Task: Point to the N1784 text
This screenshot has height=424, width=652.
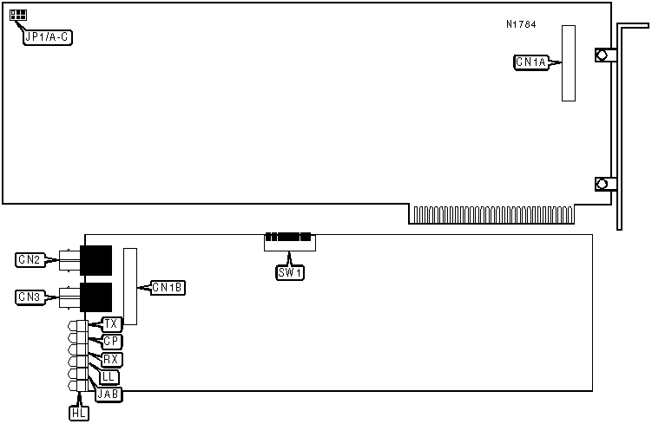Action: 521,24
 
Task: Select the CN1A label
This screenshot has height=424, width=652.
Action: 531,62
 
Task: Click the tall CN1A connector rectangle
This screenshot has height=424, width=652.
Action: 569,62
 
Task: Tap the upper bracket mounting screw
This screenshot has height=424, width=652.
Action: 601,55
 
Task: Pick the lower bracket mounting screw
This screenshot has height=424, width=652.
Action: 601,184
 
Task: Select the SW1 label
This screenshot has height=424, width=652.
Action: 290,272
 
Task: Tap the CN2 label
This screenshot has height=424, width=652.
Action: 30,259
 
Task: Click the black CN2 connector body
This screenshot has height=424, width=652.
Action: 95,258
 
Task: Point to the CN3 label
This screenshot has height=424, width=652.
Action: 30,297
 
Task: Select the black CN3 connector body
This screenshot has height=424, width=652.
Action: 95,296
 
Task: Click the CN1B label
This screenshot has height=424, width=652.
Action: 167,287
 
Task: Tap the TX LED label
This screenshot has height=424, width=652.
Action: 110,324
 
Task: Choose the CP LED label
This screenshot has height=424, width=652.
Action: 110,342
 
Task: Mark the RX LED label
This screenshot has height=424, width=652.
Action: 110,359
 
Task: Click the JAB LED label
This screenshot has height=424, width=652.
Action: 110,394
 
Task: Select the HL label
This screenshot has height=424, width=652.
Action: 78,414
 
